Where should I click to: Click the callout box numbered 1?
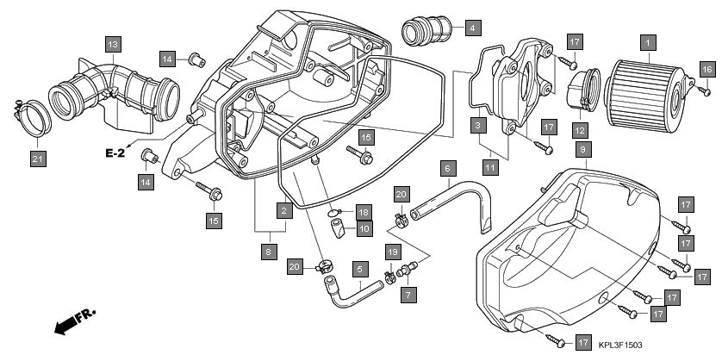tap(648, 40)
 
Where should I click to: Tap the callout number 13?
tap(114, 42)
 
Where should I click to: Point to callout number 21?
tap(37, 159)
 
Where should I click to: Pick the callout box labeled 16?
tap(706, 69)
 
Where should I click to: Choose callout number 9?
tap(583, 150)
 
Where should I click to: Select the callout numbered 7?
tap(408, 294)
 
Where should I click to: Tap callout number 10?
tap(364, 229)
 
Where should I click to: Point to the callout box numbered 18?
tap(363, 211)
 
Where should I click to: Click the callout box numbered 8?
tap(269, 252)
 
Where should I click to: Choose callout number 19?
tap(394, 251)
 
